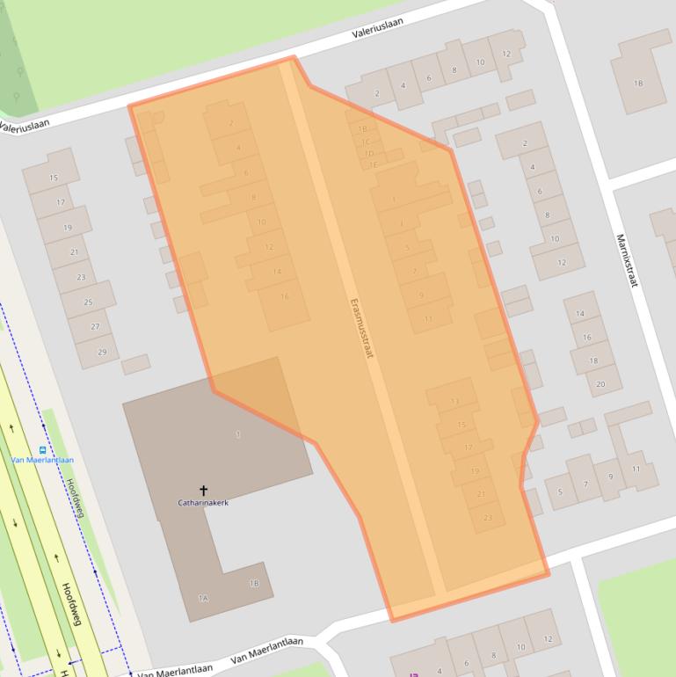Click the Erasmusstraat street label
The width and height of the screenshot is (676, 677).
[361, 326]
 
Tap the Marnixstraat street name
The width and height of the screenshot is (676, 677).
[625, 260]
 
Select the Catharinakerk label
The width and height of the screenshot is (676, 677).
[203, 503]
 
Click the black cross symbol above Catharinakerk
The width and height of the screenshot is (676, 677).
[203, 490]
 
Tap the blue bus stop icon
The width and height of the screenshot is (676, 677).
[42, 450]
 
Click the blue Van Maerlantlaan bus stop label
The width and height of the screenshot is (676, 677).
[42, 460]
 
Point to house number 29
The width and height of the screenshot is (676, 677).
[102, 352]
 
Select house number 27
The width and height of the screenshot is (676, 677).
[95, 327]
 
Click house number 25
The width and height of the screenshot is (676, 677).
[88, 302]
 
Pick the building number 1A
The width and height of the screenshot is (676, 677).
[203, 598]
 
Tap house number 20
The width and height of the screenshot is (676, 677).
[600, 384]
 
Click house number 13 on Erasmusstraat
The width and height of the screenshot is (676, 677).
[454, 402]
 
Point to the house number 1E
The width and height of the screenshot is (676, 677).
[373, 164]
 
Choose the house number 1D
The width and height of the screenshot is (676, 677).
[369, 153]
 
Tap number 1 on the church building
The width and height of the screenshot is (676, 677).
[238, 434]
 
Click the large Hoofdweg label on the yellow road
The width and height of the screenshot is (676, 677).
[71, 603]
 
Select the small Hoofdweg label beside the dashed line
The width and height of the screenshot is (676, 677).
[75, 498]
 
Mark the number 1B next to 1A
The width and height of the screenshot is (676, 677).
[254, 583]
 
